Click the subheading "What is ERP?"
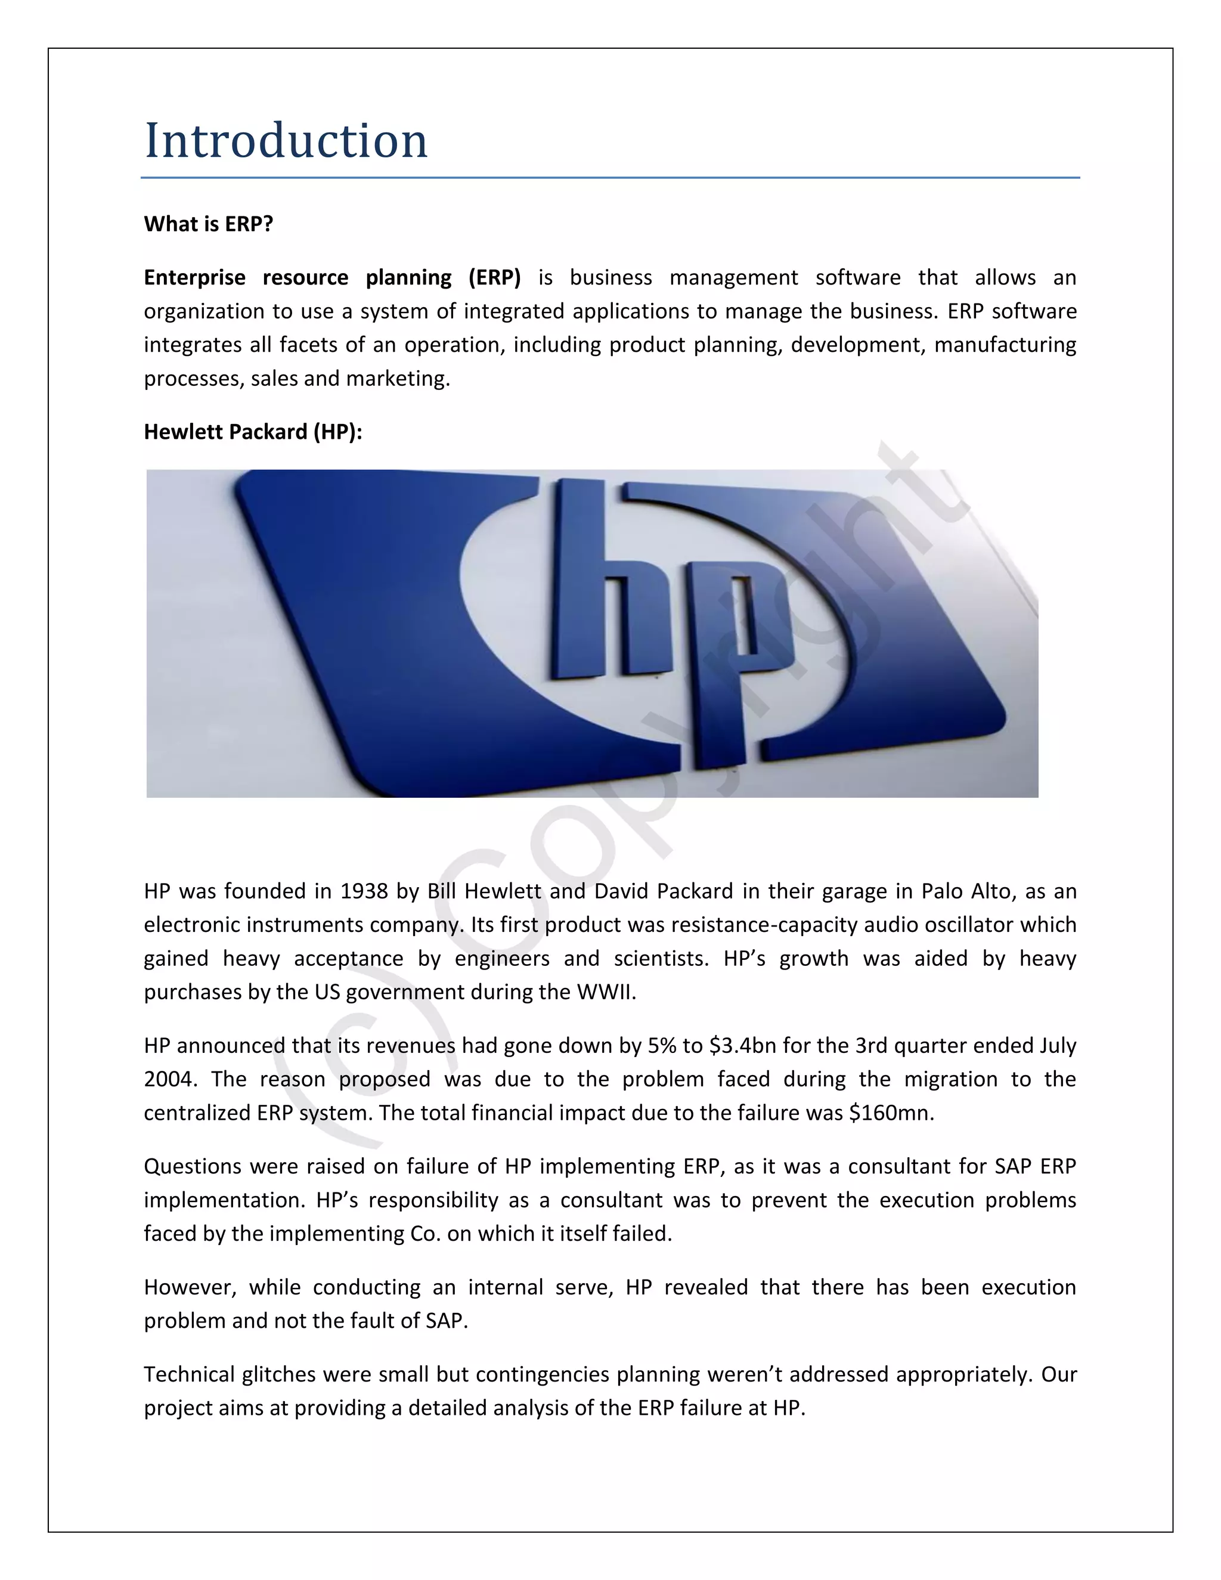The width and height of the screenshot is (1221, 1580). [208, 224]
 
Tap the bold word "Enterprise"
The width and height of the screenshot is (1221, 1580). [194, 278]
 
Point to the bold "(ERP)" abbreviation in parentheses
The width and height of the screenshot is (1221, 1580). [494, 278]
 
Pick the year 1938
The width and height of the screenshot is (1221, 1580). [364, 891]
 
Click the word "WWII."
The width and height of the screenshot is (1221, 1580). [606, 992]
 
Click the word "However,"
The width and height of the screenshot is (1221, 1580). [190, 1288]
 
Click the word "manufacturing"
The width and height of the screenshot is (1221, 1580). [1005, 345]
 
